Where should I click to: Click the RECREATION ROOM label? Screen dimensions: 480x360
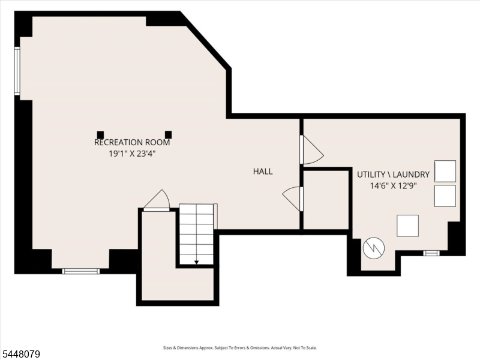132,142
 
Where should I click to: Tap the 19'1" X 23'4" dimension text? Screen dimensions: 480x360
132,154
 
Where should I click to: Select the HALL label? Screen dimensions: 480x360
263,172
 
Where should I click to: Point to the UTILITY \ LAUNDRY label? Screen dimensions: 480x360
394,175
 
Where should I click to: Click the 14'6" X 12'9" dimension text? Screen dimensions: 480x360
394,186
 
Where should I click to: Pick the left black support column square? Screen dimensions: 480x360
100,134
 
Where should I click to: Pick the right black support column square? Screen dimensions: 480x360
169,134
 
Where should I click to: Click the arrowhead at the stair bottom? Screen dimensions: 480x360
197,262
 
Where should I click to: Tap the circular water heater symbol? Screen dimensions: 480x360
374,248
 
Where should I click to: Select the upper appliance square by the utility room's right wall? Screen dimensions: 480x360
445,171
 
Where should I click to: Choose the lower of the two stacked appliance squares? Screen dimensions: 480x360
445,196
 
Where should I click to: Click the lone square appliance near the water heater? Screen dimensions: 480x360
408,226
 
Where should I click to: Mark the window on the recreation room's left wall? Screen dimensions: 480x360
17,71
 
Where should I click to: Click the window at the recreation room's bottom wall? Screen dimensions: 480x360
81,271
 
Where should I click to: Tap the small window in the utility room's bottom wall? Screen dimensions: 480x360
431,253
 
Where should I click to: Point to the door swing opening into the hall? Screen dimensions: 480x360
291,199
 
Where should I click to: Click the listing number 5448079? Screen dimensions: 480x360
20,354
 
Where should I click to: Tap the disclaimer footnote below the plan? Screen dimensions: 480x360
240,348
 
